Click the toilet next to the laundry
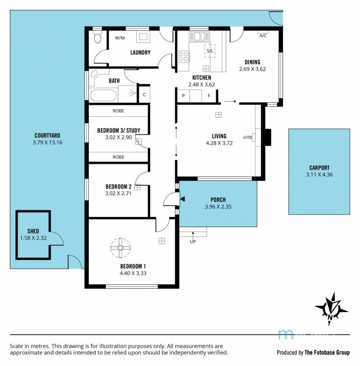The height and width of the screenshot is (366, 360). (x=97, y=37)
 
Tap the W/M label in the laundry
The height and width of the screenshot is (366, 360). (x=120, y=38)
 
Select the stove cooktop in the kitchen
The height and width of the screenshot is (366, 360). (x=184, y=57)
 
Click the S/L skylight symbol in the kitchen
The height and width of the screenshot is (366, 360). (x=210, y=51)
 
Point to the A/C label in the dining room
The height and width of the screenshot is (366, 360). (x=263, y=36)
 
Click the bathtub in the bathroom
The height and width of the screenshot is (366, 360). (x=103, y=95)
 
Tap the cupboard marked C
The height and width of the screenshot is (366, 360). (x=144, y=94)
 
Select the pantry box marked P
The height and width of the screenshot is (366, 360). (x=184, y=95)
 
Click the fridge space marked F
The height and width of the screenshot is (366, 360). (x=209, y=95)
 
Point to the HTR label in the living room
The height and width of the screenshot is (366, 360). (x=247, y=138)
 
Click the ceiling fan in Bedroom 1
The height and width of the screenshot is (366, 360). (x=120, y=248)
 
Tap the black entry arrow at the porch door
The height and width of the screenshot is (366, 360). (x=183, y=199)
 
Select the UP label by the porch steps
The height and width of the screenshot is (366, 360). (x=193, y=241)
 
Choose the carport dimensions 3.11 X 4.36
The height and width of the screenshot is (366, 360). (x=319, y=174)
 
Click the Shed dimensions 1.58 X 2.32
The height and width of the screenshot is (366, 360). (x=33, y=238)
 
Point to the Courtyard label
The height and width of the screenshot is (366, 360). (x=47, y=135)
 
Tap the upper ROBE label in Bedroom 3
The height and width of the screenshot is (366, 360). (x=118, y=111)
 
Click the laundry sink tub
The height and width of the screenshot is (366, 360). (x=143, y=37)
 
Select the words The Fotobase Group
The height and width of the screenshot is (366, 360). (x=327, y=353)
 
